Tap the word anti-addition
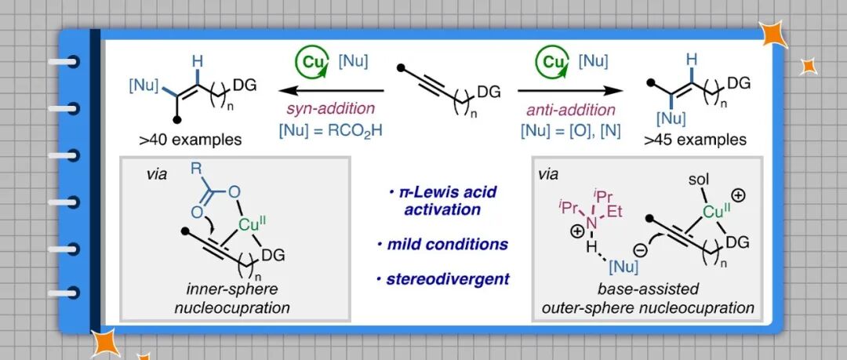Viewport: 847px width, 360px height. (567, 111)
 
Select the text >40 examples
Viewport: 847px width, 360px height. (187, 140)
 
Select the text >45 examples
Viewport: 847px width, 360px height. (693, 140)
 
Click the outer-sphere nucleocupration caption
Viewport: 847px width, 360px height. (648, 308)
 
